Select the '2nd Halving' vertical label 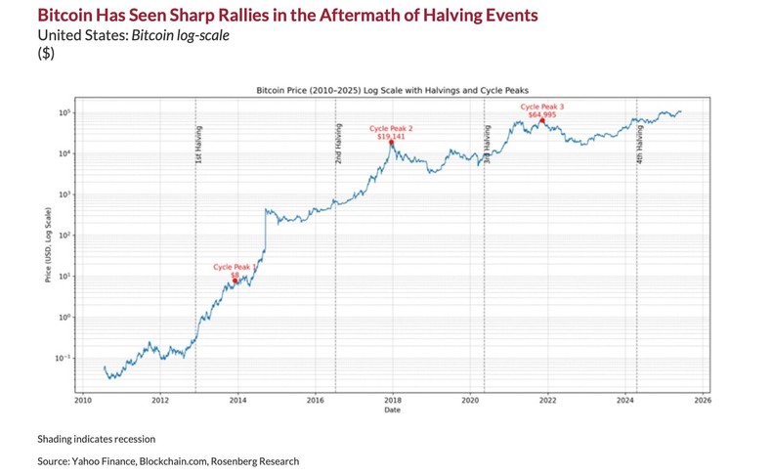(339, 143)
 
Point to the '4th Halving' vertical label (640, 143)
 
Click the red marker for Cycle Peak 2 (392, 143)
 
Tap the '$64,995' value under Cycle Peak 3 (542, 114)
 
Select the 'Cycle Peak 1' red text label (235, 267)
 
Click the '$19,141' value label (391, 136)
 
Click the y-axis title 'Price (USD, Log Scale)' (48, 244)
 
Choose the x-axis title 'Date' (391, 410)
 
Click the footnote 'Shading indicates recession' (96, 439)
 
